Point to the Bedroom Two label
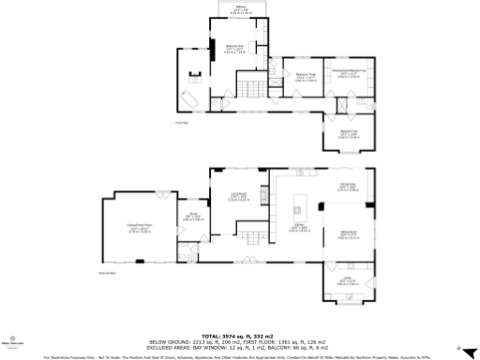coord(348,133)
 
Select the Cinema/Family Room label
coord(140,226)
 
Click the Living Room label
coord(239,196)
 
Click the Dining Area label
coord(348,187)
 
